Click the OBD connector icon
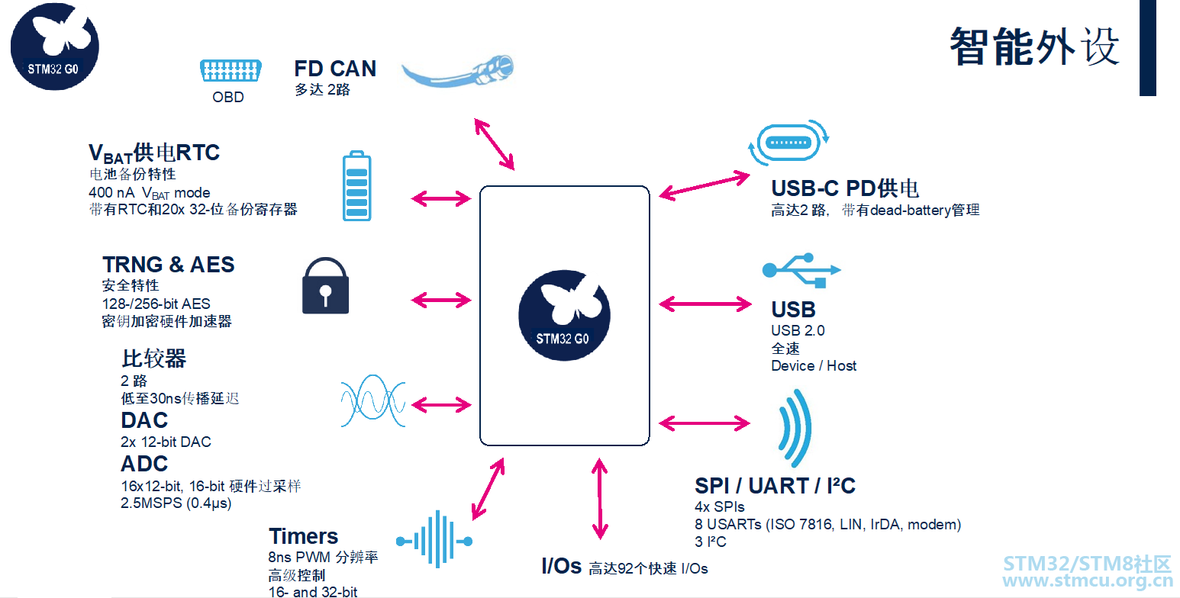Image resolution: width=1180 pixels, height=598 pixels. click(231, 70)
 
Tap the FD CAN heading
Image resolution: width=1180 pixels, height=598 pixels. click(335, 69)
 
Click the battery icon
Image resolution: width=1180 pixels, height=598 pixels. click(356, 186)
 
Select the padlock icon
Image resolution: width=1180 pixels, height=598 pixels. click(326, 285)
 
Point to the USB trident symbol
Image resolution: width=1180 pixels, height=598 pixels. click(801, 271)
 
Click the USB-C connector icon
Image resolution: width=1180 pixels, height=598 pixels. click(788, 143)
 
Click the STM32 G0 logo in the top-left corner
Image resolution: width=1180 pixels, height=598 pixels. click(55, 47)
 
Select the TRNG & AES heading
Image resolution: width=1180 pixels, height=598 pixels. click(169, 264)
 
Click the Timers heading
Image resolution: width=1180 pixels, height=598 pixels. click(304, 536)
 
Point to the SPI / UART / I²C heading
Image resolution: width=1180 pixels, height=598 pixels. click(775, 485)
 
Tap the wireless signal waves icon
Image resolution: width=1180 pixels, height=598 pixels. click(795, 428)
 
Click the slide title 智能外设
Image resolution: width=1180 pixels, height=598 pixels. click(1034, 47)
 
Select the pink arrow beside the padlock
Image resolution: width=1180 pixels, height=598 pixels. click(441, 300)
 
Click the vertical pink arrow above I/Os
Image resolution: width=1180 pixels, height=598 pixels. click(599, 499)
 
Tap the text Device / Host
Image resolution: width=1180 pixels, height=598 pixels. click(814, 366)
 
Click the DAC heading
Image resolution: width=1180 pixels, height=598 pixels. click(144, 420)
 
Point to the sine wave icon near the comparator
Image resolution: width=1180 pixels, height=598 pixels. click(373, 401)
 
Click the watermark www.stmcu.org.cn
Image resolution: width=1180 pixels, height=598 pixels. click(1087, 580)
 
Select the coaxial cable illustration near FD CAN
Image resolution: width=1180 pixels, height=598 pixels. click(457, 71)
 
